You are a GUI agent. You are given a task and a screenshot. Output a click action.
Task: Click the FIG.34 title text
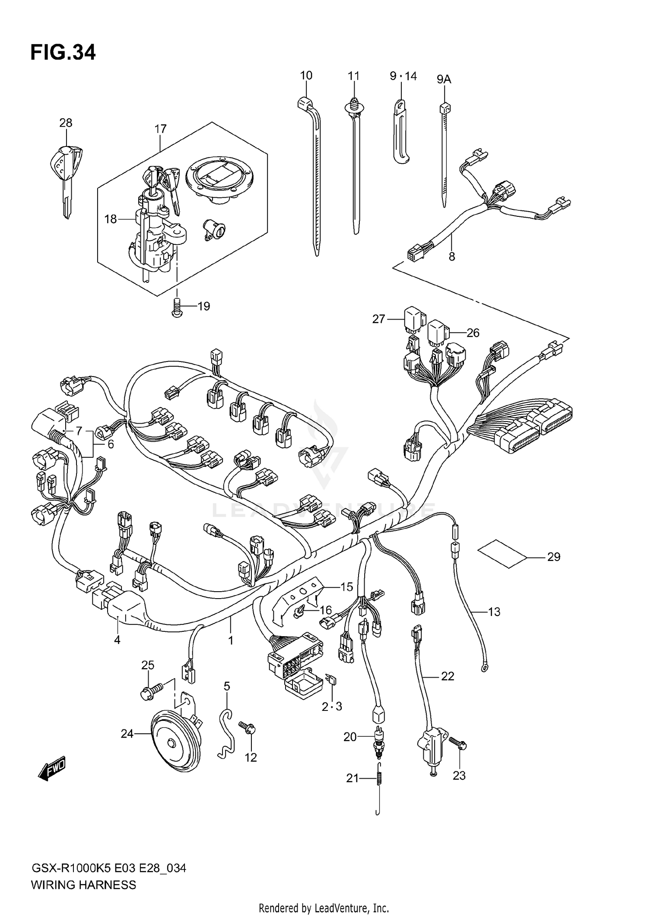63,53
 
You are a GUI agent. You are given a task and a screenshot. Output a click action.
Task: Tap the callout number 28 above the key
66,123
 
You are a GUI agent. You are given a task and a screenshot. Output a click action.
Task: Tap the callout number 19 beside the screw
203,306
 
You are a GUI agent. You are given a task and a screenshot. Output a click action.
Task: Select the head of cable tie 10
305,104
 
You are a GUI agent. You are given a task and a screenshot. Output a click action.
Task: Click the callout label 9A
444,79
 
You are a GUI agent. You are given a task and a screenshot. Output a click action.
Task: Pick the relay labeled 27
413,319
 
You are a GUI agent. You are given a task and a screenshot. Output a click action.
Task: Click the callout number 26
473,333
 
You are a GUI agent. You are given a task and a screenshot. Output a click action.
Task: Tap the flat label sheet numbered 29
502,553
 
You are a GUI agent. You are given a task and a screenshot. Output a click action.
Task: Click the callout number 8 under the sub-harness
451,257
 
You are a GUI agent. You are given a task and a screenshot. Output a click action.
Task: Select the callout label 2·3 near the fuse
332,707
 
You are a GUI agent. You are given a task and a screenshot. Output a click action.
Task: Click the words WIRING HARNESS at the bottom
83,885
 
